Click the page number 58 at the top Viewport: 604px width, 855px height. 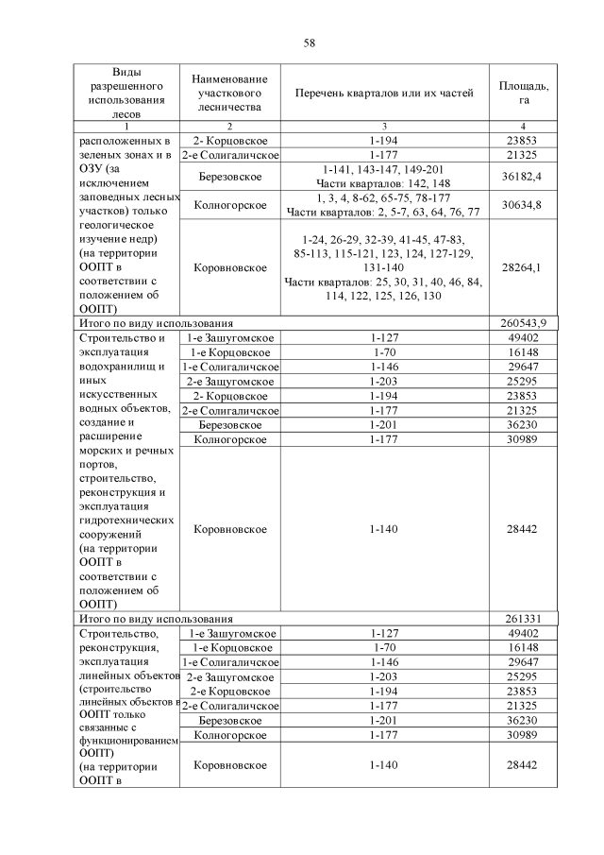tap(309, 43)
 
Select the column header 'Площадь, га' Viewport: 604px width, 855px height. tap(523, 93)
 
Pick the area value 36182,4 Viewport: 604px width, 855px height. tap(523, 177)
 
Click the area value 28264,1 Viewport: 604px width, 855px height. tap(523, 268)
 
